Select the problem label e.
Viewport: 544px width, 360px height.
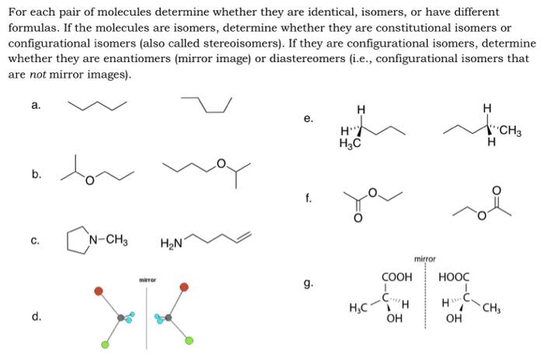coord(309,119)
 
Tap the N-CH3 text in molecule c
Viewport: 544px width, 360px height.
coord(107,239)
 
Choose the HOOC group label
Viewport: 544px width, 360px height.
coord(454,276)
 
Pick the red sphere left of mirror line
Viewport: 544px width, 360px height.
coord(99,290)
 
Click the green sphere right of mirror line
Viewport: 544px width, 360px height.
coord(188,340)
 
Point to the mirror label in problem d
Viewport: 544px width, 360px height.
coord(147,279)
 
